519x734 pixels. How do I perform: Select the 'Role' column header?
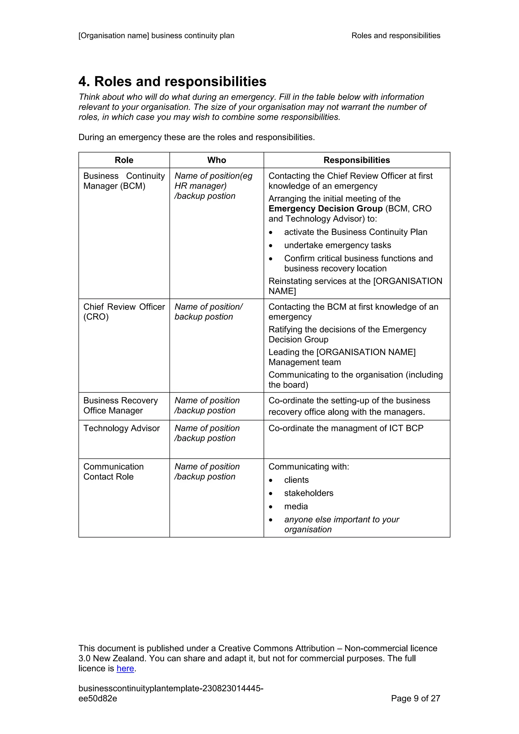coord(124,160)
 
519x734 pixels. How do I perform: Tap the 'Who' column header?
coord(217,160)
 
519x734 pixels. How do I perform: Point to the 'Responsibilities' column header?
coord(357,160)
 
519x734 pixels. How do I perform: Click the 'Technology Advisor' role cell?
coord(121,428)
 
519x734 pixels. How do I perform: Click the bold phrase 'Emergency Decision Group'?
coord(325,209)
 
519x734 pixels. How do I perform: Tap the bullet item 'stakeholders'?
coord(308,493)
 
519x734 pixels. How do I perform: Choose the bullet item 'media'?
coord(296,506)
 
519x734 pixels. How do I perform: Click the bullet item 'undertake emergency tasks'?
coord(338,245)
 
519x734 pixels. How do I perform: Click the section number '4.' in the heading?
coord(84,82)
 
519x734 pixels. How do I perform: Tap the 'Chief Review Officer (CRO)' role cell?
coord(124,312)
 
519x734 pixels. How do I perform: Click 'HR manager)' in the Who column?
coord(200,186)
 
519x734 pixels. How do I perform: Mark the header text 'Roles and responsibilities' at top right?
coord(396,35)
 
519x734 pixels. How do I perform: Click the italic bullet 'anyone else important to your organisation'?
coord(341,524)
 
